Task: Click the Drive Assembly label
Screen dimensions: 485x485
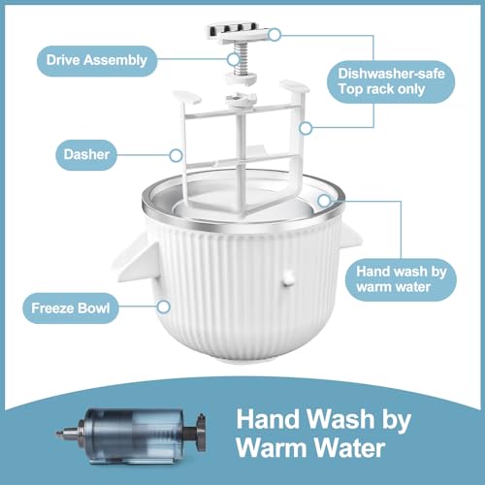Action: pyautogui.click(x=97, y=59)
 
